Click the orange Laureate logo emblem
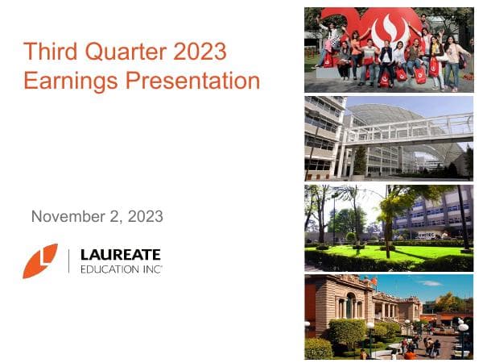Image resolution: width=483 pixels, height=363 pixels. click(x=40, y=261)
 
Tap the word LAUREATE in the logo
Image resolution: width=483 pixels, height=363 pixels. click(x=121, y=254)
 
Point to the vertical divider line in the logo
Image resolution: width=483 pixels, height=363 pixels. click(x=69, y=261)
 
